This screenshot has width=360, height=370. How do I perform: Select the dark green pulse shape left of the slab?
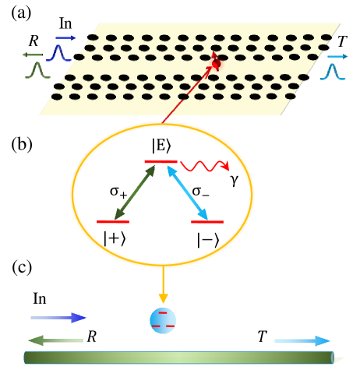[x=35, y=70]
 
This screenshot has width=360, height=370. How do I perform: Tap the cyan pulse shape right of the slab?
[x=333, y=72]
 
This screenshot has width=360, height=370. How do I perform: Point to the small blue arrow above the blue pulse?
[x=65, y=38]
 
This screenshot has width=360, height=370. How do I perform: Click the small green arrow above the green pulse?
[x=32, y=55]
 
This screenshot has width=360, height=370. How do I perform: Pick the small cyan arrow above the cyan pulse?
[x=337, y=57]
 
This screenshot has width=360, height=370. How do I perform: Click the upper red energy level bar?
[x=161, y=161]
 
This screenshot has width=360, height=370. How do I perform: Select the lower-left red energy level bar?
[x=112, y=222]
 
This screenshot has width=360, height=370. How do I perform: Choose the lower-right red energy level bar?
[x=207, y=222]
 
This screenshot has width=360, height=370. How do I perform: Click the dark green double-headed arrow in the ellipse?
[x=135, y=192]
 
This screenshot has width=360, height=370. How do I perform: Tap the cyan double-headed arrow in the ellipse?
[x=187, y=192]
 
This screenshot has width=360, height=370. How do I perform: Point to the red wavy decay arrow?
[x=204, y=166]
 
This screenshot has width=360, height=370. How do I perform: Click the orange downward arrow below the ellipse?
[x=163, y=286]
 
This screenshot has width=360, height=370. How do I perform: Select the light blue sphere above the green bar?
[x=163, y=320]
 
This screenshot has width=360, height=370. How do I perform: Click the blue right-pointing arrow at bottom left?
[x=58, y=317]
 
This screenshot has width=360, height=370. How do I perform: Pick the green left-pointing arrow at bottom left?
[x=55, y=340]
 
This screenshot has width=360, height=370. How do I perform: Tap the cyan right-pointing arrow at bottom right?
[x=302, y=340]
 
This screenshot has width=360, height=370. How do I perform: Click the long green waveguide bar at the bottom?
[x=178, y=358]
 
